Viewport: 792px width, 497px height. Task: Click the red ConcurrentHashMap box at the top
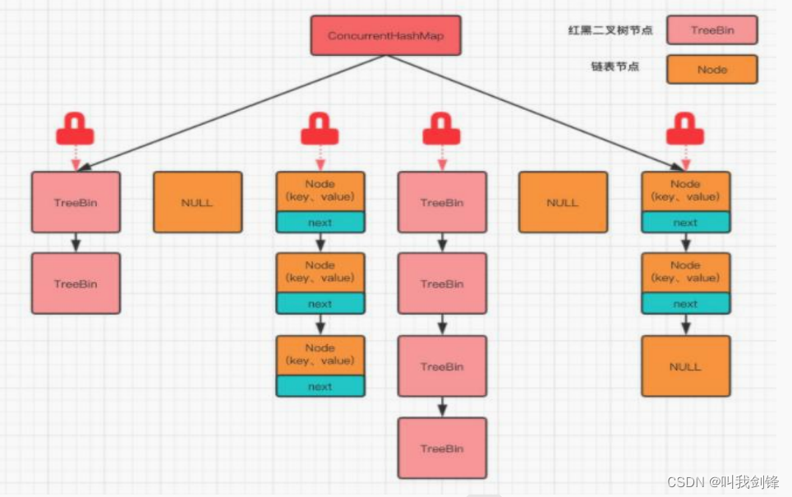[386, 35]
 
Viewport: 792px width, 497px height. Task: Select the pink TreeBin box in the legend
[711, 30]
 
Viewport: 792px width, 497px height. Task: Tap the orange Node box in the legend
[711, 70]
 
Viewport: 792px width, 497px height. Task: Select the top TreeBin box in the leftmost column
[76, 202]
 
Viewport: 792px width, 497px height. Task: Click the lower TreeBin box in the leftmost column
[76, 283]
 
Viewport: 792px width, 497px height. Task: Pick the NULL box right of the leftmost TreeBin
[197, 202]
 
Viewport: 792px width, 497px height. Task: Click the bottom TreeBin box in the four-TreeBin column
[442, 449]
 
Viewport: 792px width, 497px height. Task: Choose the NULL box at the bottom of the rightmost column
[685, 366]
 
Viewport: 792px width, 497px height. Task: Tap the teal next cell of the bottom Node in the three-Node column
[320, 386]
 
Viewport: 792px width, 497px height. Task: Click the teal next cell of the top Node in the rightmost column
[685, 222]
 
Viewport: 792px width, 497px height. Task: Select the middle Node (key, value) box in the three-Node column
[320, 272]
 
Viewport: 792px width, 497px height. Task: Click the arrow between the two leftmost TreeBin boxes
[76, 242]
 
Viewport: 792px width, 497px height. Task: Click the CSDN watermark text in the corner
[722, 482]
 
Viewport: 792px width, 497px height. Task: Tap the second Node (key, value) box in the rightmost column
[685, 272]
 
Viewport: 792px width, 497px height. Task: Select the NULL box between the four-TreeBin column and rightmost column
[563, 202]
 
